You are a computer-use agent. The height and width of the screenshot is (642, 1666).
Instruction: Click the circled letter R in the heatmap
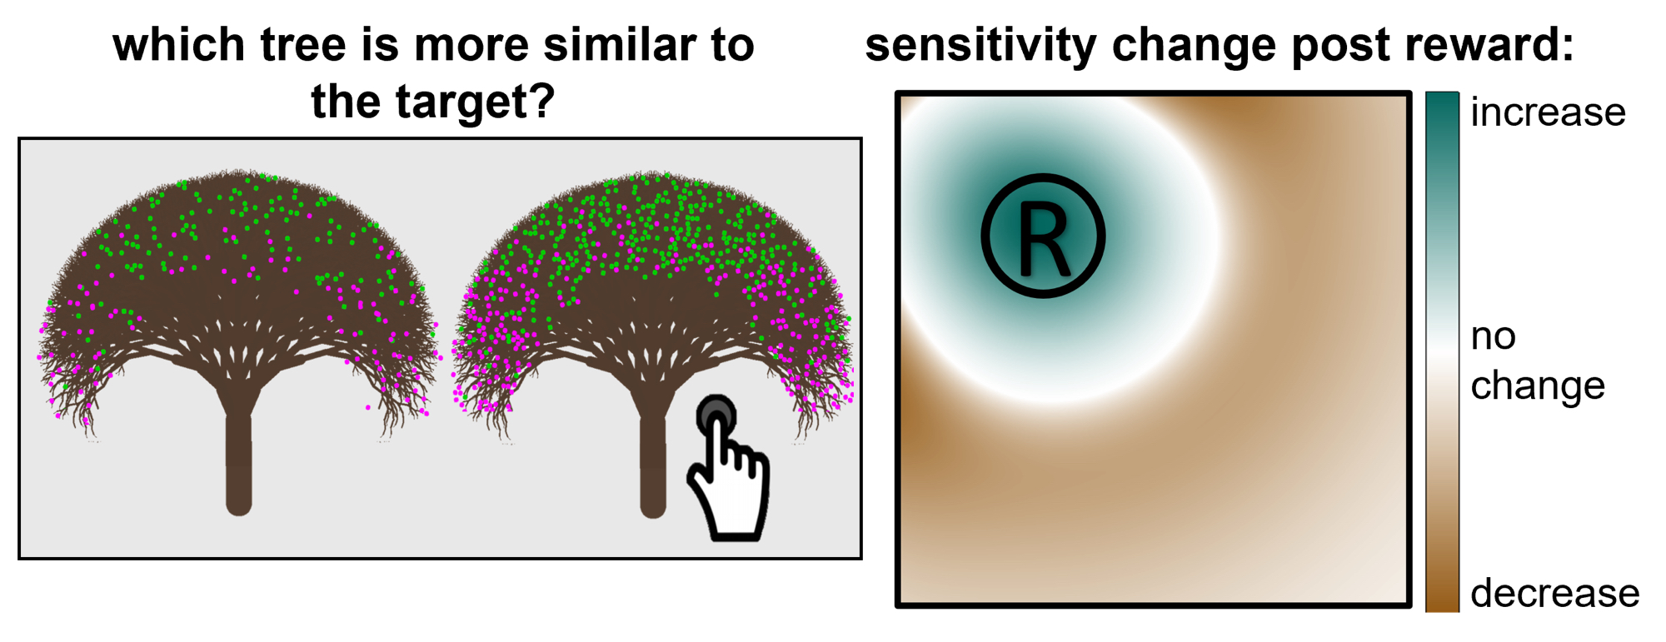(1043, 236)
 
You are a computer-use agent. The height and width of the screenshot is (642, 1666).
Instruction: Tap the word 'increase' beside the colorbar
(1548, 112)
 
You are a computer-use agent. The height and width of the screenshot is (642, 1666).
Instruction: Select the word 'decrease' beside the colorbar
(1554, 594)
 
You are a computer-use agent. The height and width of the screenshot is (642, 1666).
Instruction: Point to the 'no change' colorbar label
(1538, 361)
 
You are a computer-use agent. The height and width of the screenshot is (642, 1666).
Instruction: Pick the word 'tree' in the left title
(302, 45)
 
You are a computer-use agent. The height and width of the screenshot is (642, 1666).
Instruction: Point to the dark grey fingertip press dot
(716, 414)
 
